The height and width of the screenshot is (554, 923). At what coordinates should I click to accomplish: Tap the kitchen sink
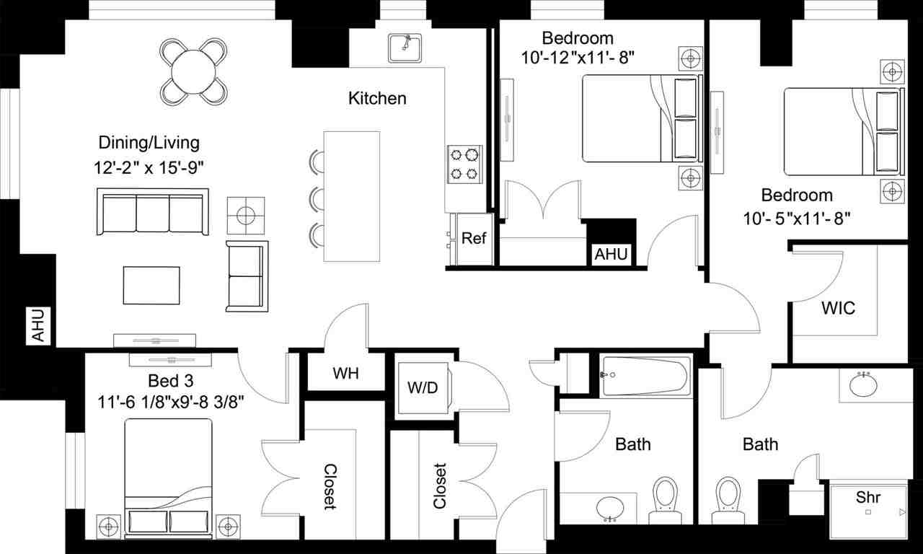(x=405, y=48)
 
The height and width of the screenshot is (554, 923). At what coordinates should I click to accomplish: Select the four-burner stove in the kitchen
(x=465, y=163)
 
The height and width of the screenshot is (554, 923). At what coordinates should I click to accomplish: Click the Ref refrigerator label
(x=473, y=239)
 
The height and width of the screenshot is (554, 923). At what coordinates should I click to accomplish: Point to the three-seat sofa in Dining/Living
(x=153, y=212)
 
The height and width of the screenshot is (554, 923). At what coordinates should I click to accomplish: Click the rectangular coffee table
(x=151, y=285)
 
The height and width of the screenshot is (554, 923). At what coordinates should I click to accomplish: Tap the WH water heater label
(x=346, y=374)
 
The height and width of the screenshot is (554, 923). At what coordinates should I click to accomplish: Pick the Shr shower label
(x=868, y=497)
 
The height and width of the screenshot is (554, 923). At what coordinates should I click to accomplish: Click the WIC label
(x=839, y=308)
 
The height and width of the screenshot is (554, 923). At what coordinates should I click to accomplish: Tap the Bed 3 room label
(x=170, y=380)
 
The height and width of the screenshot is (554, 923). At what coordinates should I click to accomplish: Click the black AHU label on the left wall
(x=38, y=325)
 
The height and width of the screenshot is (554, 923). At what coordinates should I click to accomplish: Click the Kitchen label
(x=377, y=98)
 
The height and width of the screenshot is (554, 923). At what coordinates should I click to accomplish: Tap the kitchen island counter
(x=351, y=196)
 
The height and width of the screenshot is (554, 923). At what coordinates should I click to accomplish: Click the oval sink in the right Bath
(x=863, y=385)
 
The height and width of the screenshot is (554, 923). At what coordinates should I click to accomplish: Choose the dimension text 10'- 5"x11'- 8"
(x=797, y=217)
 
